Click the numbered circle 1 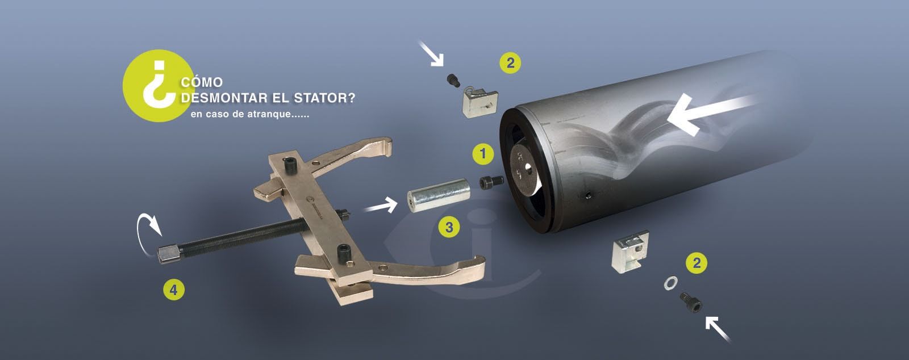[483, 154]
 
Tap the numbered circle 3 [449, 227]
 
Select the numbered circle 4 [174, 290]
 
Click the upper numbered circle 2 [510, 63]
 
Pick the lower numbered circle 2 [697, 263]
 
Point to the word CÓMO [202, 82]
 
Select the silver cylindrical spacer [438, 195]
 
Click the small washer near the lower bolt [670, 283]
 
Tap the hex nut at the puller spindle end [169, 254]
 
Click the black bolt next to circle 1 [490, 182]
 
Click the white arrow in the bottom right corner [718, 329]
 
